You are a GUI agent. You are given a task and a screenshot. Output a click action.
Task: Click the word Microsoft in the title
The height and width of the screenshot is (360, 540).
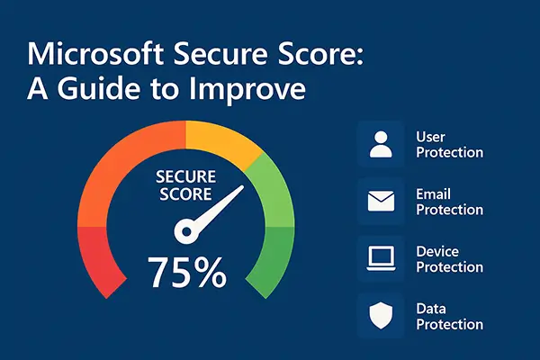pyautogui.click(x=95, y=53)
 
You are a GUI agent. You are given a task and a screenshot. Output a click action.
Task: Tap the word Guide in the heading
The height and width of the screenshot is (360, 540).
pyautogui.click(x=98, y=88)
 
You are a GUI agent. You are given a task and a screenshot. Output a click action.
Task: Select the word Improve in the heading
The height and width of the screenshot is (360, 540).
pyautogui.click(x=247, y=90)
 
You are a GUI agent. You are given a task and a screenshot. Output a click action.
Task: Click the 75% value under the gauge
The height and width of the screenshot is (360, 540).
pyautogui.click(x=187, y=272)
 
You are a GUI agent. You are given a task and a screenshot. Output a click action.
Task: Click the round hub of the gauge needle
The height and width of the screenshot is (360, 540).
pyautogui.click(x=186, y=232)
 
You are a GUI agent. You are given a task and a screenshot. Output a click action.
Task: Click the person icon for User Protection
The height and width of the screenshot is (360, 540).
pyautogui.click(x=381, y=144)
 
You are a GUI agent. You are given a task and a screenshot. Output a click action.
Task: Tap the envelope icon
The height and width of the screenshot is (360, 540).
pyautogui.click(x=381, y=202)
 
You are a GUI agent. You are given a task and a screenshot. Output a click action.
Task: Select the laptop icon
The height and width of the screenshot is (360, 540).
pyautogui.click(x=381, y=258)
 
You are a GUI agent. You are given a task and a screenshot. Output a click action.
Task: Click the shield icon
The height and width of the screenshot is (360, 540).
pyautogui.click(x=381, y=315)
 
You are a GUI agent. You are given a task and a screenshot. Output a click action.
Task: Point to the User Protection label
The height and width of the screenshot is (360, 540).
pyautogui.click(x=449, y=145)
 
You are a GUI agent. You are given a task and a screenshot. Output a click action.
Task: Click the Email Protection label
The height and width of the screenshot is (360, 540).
pyautogui.click(x=449, y=202)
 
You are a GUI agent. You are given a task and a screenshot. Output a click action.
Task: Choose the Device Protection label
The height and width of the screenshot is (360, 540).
pyautogui.click(x=449, y=259)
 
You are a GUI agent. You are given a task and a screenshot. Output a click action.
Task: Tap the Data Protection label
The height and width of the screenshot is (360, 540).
pyautogui.click(x=449, y=316)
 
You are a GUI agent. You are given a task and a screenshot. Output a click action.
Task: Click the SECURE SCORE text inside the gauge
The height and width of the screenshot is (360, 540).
pyautogui.click(x=186, y=185)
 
